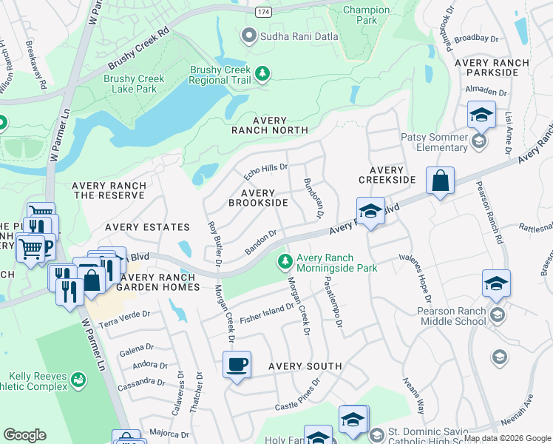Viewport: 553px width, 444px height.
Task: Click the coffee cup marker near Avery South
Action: pos(237,365)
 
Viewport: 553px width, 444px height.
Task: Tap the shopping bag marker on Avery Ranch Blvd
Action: pos(440,181)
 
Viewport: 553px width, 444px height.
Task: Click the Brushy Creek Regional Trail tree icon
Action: pos(262,73)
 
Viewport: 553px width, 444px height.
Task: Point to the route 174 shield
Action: pos(262,13)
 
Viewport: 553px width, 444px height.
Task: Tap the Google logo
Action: pos(24,435)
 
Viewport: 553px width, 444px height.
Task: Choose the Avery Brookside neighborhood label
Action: pos(258,198)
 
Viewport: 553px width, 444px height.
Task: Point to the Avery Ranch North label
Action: pos(269,125)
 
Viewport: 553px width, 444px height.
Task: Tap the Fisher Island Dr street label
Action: pos(266,310)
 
